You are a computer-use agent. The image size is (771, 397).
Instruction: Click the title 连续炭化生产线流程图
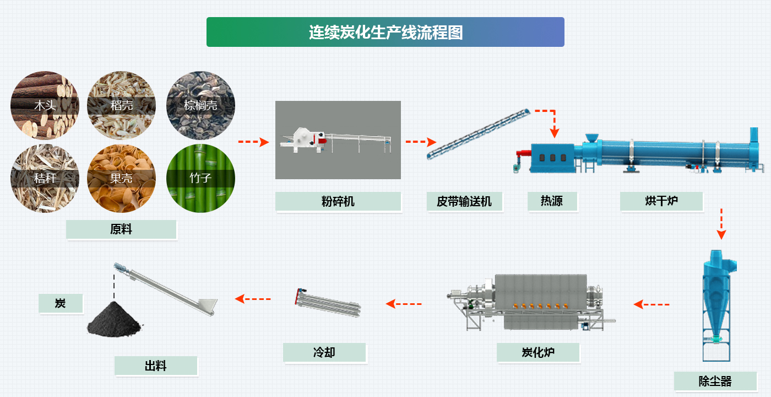[x=385, y=32]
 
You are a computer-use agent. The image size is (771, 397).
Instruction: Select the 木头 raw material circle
[x=45, y=105]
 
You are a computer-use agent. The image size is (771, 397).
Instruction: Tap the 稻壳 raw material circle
[x=121, y=105]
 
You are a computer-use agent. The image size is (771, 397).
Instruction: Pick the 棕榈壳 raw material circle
[x=200, y=105]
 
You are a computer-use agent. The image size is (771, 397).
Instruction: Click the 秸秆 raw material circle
[x=45, y=178]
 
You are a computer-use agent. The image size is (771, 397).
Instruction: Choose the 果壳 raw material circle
[x=121, y=178]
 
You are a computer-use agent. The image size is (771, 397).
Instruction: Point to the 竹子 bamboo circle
[x=200, y=178]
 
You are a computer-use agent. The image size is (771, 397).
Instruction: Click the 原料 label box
[x=121, y=229]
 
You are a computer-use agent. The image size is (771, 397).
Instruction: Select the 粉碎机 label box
[x=338, y=201]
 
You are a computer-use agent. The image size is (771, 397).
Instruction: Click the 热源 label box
[x=552, y=201]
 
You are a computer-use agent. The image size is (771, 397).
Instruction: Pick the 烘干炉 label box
[x=661, y=201]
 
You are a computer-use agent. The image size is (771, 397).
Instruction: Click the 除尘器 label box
[x=715, y=381]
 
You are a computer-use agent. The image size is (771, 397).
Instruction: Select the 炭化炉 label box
[x=538, y=352]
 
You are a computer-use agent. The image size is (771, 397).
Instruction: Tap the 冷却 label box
[x=324, y=352]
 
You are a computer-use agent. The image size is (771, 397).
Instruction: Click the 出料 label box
[x=155, y=366]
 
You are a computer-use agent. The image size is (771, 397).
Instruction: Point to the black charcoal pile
[x=115, y=319]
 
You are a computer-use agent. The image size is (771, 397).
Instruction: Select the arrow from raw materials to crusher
[x=253, y=142]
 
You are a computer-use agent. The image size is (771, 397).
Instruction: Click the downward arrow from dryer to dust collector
[x=721, y=223]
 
